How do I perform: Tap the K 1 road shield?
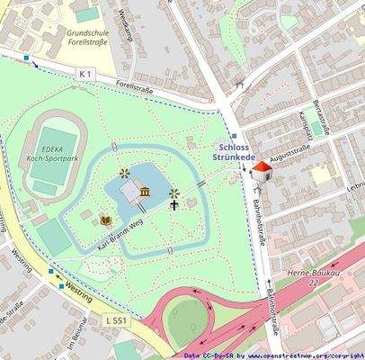[85, 72]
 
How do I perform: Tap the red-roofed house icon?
[262, 171]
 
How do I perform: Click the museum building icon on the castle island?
[145, 192]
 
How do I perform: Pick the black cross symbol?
[174, 205]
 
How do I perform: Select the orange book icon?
[106, 220]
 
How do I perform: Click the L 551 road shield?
[116, 320]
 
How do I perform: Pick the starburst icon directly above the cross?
[174, 192]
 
